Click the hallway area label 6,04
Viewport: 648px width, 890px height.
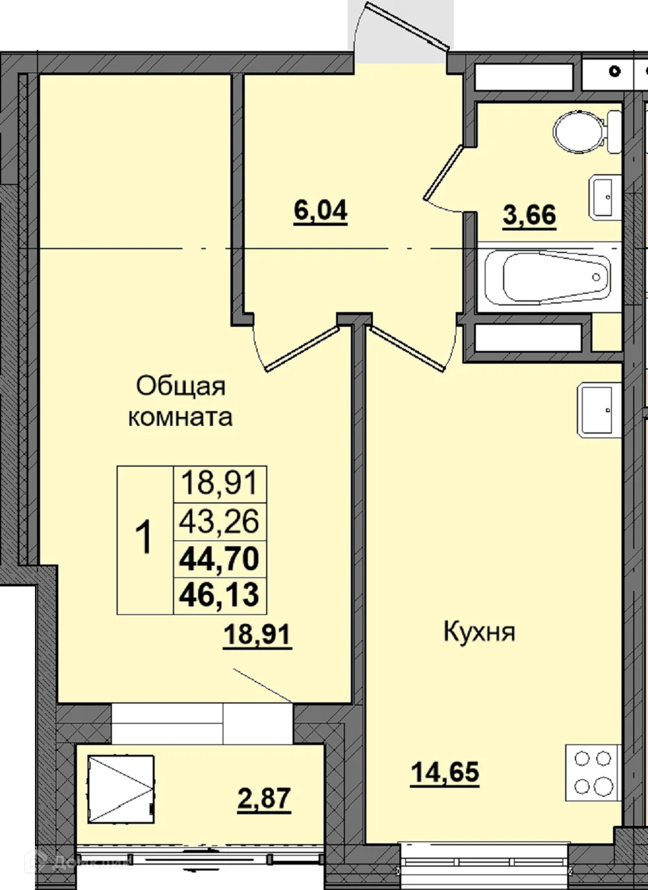click(x=320, y=211)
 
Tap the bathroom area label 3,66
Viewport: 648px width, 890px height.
click(x=530, y=215)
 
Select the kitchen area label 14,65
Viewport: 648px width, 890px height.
click(x=445, y=772)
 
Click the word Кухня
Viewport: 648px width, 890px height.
click(x=479, y=632)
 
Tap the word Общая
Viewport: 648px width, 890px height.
click(x=181, y=386)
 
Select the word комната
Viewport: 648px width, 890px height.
click(x=180, y=417)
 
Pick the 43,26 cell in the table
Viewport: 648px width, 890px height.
click(x=220, y=521)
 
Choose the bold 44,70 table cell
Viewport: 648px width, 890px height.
click(x=220, y=558)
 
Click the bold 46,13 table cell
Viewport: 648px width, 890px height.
click(x=220, y=595)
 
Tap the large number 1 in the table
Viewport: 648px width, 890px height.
click(x=144, y=539)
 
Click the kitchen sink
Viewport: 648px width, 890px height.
click(x=599, y=410)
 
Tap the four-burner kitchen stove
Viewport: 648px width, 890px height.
click(x=593, y=772)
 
